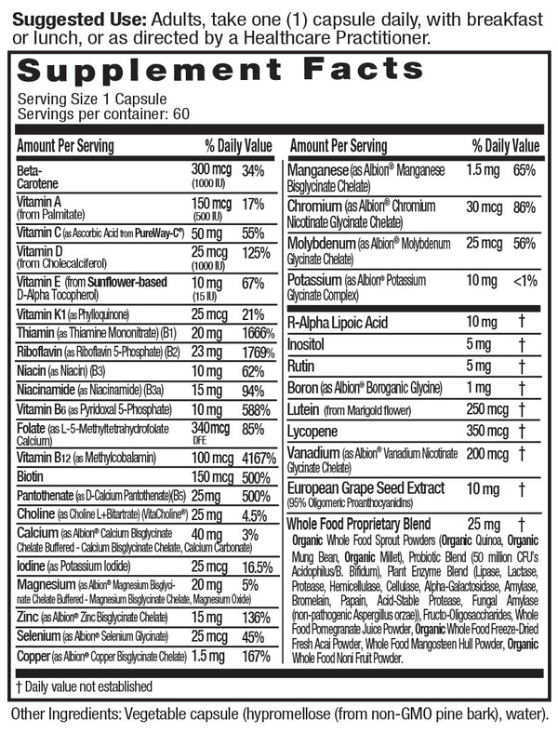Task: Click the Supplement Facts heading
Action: coord(220,71)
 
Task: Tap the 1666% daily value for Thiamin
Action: coord(256,333)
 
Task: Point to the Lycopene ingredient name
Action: coord(317,432)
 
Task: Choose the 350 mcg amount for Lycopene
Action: coord(487,432)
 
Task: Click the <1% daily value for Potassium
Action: coord(525,280)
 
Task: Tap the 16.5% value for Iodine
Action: coord(258,566)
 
